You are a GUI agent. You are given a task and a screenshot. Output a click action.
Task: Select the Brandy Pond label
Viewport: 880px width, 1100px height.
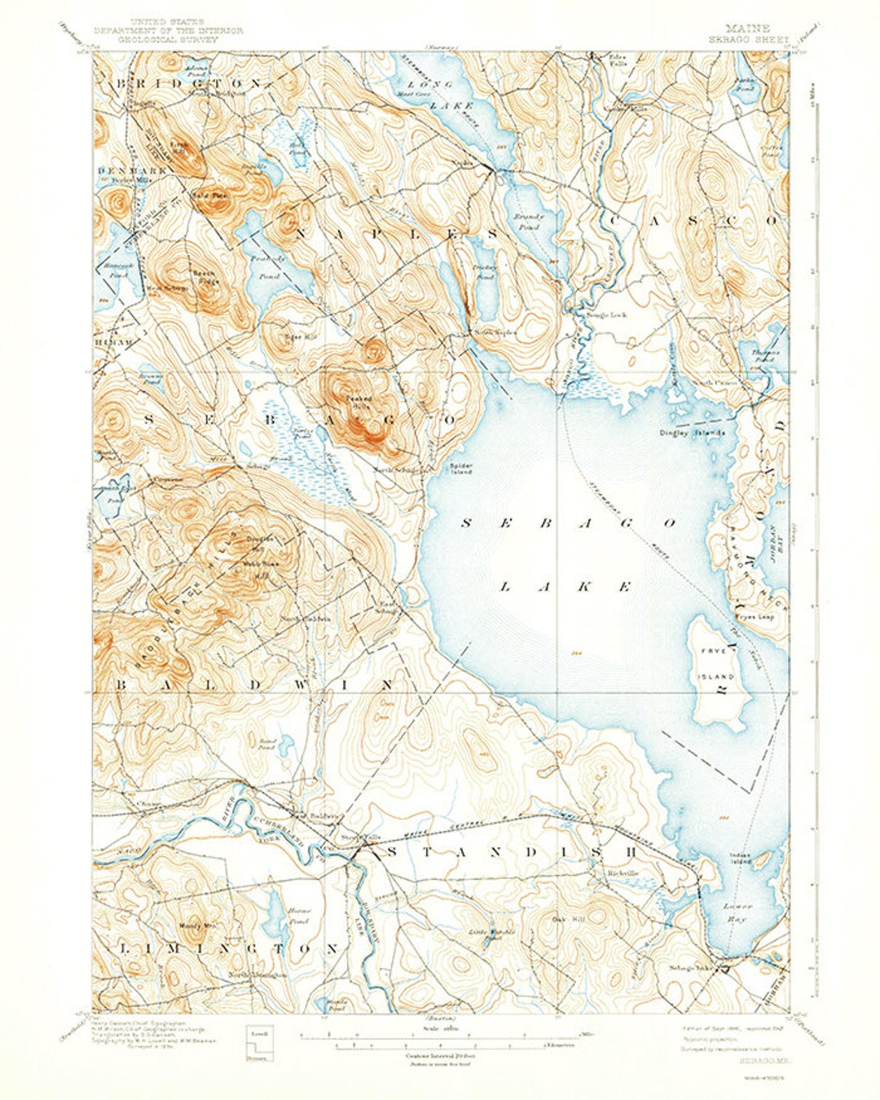coord(527,222)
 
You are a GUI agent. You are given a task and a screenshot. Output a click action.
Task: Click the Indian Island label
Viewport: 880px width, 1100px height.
coord(740,857)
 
